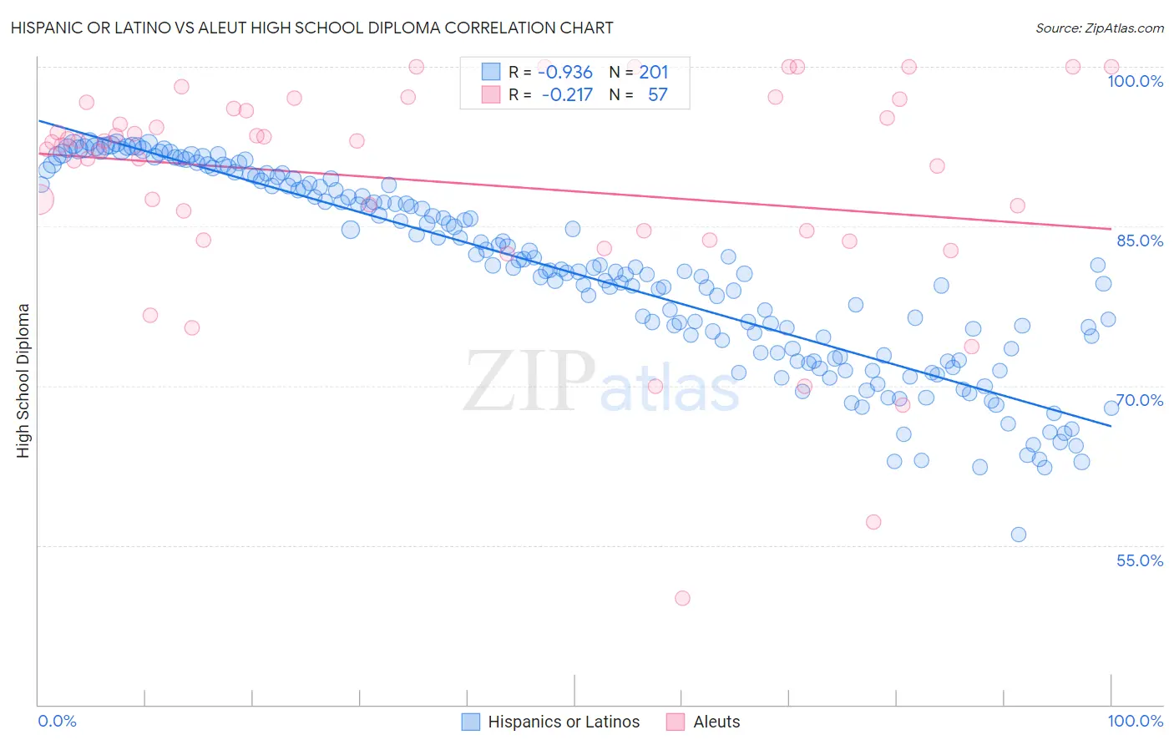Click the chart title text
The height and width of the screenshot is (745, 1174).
311,28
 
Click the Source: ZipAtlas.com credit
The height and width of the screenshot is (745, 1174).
1099,28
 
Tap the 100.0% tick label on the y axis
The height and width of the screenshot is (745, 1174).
1135,81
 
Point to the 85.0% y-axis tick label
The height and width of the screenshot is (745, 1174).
1139,241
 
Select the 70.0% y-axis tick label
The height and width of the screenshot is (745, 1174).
1139,400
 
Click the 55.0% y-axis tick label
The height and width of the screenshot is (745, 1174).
1139,560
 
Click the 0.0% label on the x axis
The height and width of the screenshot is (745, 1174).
58,721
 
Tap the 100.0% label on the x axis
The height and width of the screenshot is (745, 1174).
1135,721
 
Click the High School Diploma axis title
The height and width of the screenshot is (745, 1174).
23,380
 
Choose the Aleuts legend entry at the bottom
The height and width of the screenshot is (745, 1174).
716,722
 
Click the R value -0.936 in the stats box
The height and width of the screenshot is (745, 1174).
565,73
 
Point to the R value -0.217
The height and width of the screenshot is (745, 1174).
567,95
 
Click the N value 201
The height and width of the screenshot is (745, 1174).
654,73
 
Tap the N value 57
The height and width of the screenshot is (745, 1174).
657,95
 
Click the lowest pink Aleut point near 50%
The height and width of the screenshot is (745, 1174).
682,598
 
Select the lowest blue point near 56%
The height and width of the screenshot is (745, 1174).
1018,535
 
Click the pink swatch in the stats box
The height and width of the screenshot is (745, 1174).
490,94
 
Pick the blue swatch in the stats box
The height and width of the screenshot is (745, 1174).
490,73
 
